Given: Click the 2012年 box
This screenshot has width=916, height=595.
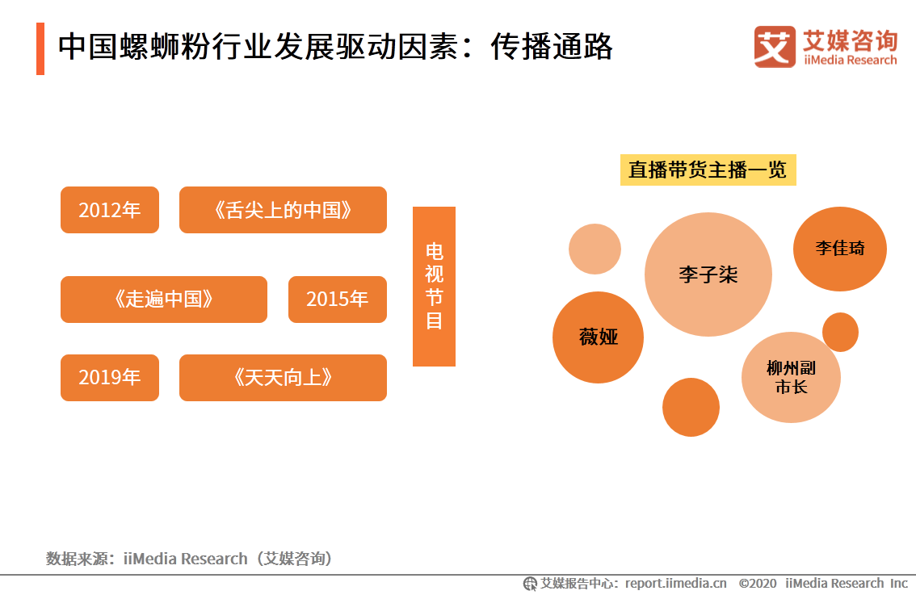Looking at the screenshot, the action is [110, 210].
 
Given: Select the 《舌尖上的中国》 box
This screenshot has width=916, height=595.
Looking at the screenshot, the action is [283, 210].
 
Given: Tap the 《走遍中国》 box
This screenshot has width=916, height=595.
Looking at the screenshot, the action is [163, 300].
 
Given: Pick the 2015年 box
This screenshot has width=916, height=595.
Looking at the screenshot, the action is [338, 300].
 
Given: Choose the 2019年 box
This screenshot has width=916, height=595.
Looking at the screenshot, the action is [110, 378].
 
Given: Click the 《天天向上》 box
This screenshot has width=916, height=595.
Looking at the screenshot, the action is [283, 378].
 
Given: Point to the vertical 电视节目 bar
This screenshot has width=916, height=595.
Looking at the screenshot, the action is [434, 287].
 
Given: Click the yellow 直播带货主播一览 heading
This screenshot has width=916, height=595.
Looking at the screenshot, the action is [708, 170].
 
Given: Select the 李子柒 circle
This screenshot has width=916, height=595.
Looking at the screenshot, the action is [708, 274].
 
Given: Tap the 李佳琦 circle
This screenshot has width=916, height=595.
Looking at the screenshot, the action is [840, 249].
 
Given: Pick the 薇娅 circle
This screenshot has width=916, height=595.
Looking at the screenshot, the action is [599, 337].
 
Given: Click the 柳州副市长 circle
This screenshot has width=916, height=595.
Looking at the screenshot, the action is [791, 377].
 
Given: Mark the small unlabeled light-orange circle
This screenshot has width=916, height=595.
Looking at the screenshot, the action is [595, 249].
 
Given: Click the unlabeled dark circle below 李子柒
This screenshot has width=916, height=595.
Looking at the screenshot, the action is [691, 407].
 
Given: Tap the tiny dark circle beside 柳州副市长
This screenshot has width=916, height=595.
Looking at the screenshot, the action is [840, 333].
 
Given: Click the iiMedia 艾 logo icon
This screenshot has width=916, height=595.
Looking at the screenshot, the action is [775, 47].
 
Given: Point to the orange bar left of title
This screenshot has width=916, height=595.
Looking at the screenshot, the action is [40, 49].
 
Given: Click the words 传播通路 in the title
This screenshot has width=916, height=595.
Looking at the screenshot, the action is [552, 47].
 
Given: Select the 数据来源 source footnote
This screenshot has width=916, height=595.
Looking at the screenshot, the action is [189, 559].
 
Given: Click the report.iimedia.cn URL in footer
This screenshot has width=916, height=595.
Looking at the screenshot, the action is [676, 584].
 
